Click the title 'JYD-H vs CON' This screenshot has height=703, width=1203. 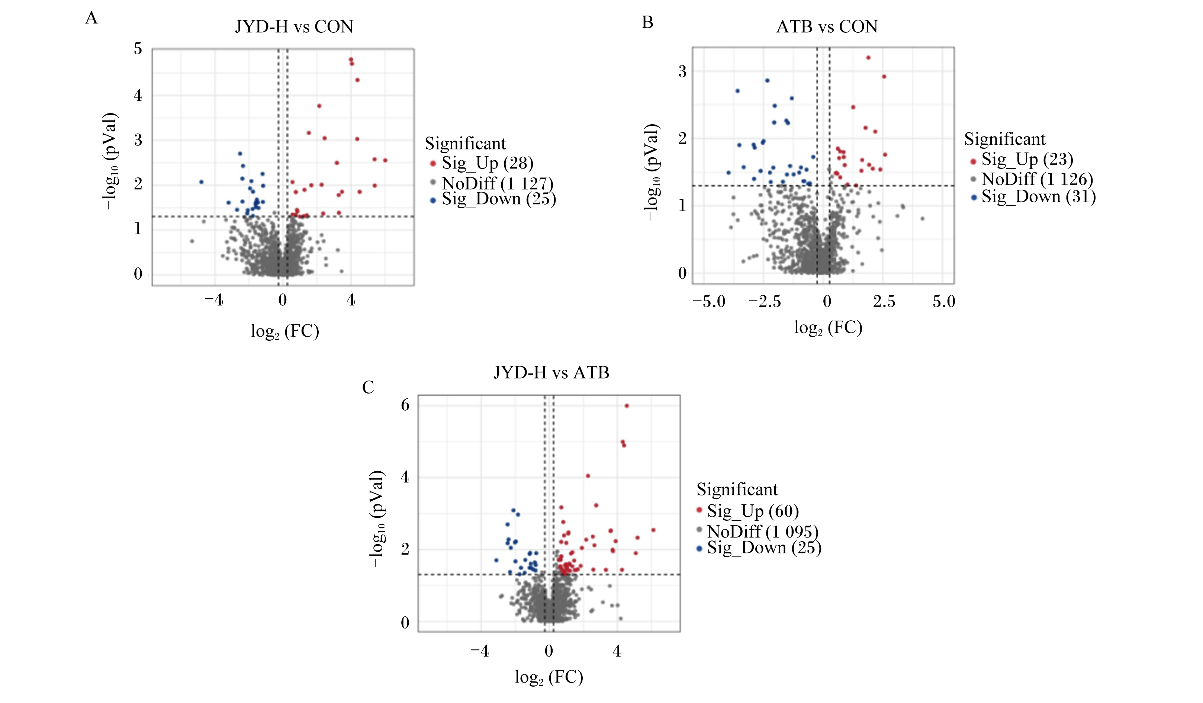(294, 27)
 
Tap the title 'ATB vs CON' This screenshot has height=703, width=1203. (827, 26)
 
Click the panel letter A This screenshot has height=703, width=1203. (91, 18)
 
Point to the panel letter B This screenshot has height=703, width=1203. (647, 22)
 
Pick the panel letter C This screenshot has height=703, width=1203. (368, 387)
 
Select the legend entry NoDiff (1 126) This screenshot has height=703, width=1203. (1032, 179)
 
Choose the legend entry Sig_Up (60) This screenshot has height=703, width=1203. (747, 511)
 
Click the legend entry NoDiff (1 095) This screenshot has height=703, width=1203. (757, 532)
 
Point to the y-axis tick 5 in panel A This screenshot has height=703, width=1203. (138, 49)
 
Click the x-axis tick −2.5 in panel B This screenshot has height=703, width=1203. (764, 302)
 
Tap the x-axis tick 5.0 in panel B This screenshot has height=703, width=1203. (944, 302)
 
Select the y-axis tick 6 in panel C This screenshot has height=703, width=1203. (405, 405)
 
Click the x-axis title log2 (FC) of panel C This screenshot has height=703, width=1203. (549, 677)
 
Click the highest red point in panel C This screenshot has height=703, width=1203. (627, 406)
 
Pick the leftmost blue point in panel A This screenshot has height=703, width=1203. (202, 182)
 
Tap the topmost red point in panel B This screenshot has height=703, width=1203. (868, 58)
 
